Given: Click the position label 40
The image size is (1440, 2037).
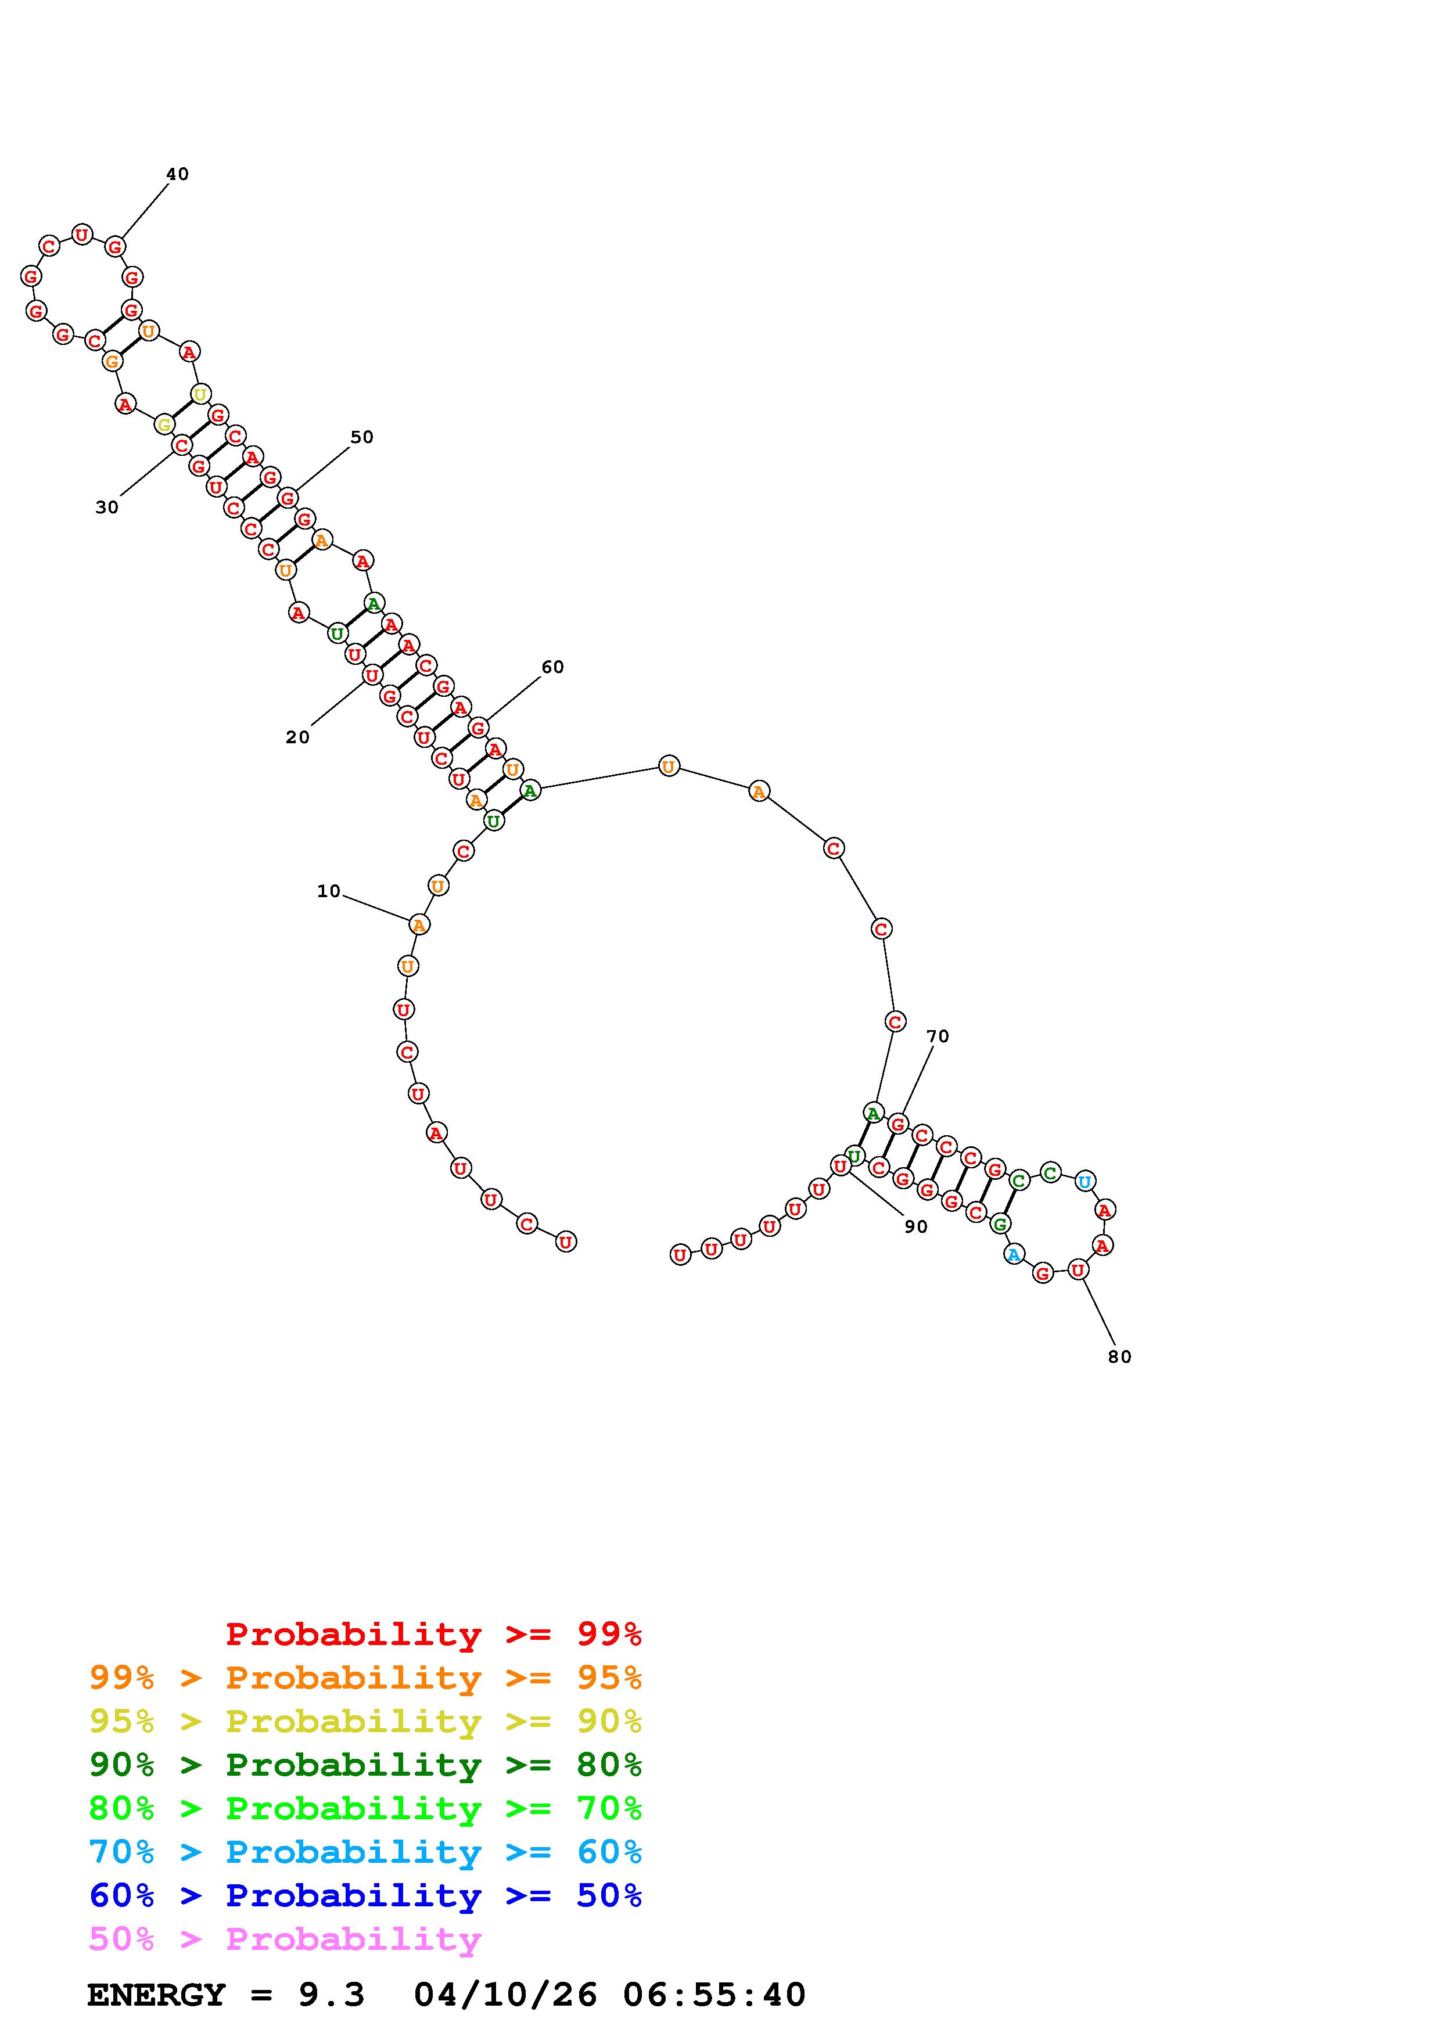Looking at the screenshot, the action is coord(177,174).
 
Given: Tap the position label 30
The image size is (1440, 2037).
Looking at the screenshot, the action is coord(106,508).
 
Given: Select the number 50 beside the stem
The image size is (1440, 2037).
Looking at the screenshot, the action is coord(362,437).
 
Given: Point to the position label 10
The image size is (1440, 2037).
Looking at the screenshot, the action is coord(328,891).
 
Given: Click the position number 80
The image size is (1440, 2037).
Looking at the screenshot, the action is coord(1120,1356).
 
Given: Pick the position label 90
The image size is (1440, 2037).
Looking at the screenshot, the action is coord(915,1226).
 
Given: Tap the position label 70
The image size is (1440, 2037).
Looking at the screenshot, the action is coord(938,1037).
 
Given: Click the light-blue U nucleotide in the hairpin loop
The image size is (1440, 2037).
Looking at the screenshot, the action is coord(1085,1181).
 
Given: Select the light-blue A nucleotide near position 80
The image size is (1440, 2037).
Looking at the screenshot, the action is coord(1013,1254).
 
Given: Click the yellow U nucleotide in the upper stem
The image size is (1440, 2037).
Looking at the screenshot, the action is coord(202,394).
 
